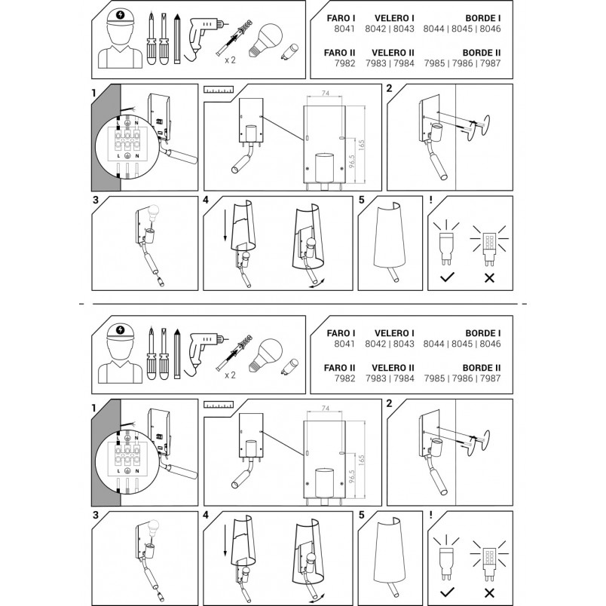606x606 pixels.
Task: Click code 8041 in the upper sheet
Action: pos(344,29)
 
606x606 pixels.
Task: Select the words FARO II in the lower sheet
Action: pos(339,368)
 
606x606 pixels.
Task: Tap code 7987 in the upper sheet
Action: pos(491,63)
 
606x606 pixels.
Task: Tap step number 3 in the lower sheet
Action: pos(96,515)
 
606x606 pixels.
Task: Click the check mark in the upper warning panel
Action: pos(447,277)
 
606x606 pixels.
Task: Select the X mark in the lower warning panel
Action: pos(489,592)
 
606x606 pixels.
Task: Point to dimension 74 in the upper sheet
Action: pos(326,93)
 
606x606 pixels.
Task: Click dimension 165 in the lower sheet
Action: pos(361,460)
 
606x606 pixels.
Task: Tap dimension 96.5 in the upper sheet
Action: pos(352,162)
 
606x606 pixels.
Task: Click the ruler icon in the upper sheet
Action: pos(219,90)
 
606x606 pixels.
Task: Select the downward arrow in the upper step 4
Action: pos(225,225)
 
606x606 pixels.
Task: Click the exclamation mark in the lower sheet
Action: pos(431,515)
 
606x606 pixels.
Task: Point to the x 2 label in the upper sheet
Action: pos(230,60)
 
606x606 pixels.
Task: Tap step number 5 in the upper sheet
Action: pos(361,200)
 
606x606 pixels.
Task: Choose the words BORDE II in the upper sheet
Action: pos(482,53)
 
